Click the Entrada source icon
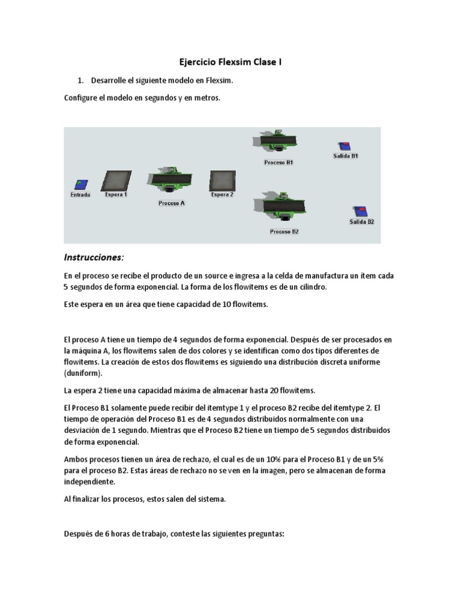click(x=80, y=185)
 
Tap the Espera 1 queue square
click(x=116, y=181)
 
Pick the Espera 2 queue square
click(x=222, y=180)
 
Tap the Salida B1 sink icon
click(x=345, y=146)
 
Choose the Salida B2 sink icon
click(x=361, y=212)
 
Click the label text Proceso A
click(x=172, y=203)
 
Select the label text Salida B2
click(x=362, y=222)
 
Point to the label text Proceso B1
click(x=279, y=162)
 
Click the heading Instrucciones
click(x=94, y=257)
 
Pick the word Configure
click(x=81, y=97)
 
